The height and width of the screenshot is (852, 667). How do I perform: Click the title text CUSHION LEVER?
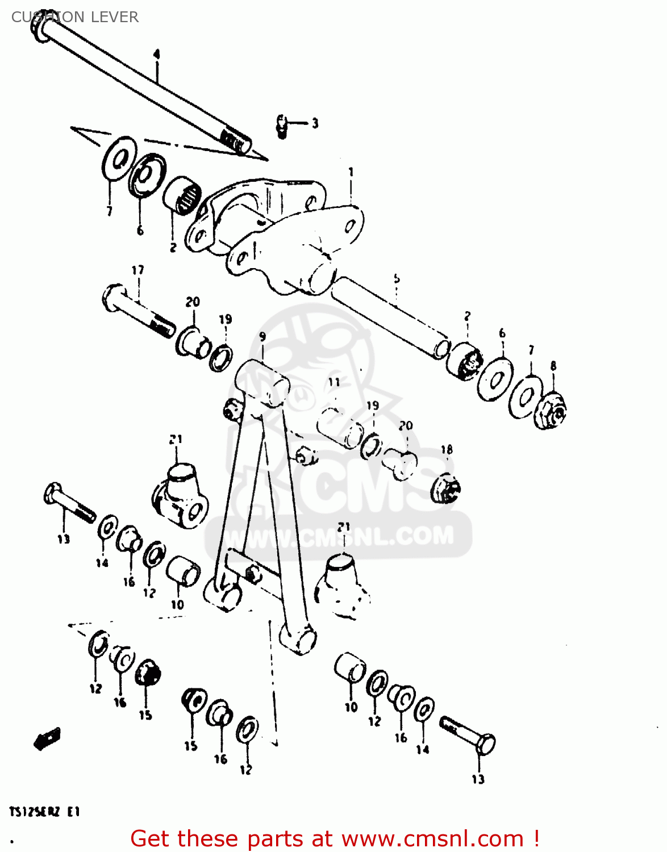[74, 17]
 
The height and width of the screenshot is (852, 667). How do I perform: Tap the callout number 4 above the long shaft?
[157, 55]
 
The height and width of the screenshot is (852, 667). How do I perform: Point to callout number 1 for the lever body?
[351, 171]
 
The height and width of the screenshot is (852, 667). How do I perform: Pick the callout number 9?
[262, 337]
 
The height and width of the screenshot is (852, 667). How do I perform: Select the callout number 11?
[334, 382]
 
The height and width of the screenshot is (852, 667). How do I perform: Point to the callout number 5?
[397, 278]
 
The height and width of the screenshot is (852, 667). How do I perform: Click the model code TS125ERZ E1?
[44, 812]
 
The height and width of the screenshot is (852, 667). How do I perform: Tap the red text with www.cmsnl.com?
[335, 838]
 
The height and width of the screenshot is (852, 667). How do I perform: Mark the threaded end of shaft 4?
[235, 140]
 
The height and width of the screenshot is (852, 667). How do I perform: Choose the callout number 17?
[138, 270]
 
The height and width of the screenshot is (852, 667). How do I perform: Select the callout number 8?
[553, 366]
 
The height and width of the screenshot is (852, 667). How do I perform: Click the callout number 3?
[315, 123]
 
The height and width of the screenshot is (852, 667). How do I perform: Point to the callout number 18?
[447, 450]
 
